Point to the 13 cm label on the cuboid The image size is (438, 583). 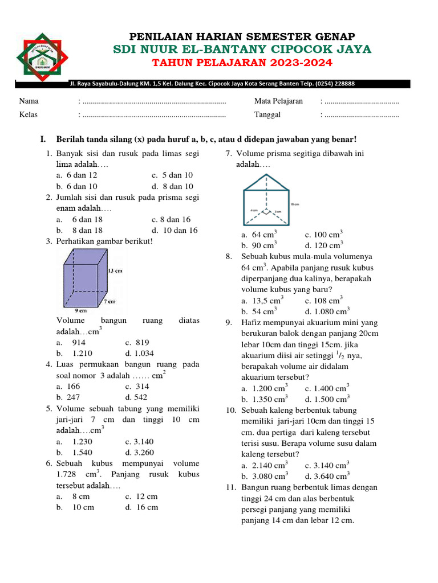[115, 271]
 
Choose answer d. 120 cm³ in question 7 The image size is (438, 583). [324, 245]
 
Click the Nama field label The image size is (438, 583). [29, 101]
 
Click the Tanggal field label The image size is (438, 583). [267, 114]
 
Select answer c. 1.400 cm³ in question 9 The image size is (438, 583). [326, 388]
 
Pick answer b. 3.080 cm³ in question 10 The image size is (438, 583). [265, 476]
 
